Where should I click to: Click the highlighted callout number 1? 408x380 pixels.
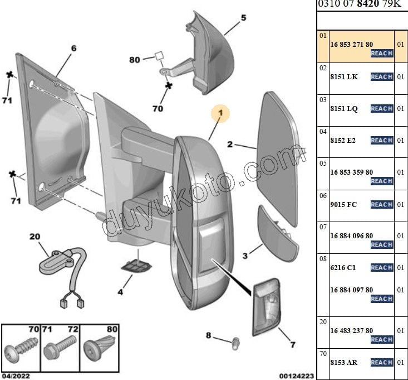click(220, 113)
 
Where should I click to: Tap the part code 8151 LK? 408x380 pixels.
click(344, 77)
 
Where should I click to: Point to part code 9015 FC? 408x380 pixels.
click(343, 204)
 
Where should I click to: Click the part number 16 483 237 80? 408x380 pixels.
click(351, 330)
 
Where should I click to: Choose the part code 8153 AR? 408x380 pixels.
click(345, 362)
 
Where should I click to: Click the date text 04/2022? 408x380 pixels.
click(16, 376)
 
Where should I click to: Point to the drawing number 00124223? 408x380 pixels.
click(296, 376)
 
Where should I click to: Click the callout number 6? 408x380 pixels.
click(73, 48)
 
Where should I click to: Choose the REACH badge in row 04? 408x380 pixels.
click(382, 141)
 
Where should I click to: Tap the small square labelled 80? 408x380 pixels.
click(158, 56)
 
